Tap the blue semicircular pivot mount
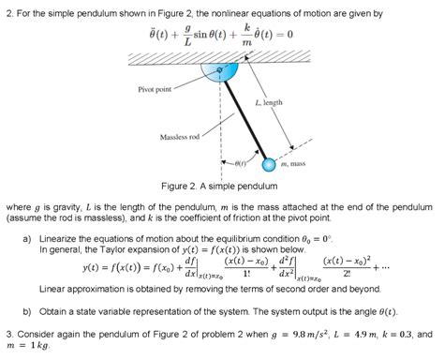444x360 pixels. [x=221, y=74]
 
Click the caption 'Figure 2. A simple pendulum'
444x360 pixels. [x=221, y=185]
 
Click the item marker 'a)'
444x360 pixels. [x=27, y=239]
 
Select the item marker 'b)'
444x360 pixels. [x=27, y=310]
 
